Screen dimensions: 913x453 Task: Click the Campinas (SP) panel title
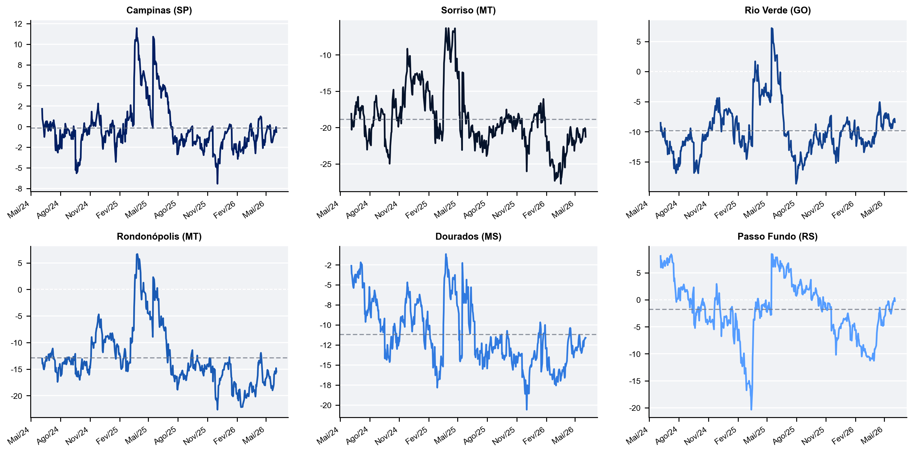(159, 10)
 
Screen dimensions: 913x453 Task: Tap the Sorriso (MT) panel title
(468, 10)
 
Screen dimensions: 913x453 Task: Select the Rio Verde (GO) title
(778, 10)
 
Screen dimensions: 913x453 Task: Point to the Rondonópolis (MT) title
(159, 236)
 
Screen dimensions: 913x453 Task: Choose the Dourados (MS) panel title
(468, 236)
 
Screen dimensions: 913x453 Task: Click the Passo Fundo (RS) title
(778, 236)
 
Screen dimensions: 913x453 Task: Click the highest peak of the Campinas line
(137, 28)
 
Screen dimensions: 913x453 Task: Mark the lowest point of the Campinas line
(217, 183)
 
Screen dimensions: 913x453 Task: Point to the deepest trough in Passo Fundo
(751, 409)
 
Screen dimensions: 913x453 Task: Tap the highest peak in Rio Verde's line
(772, 28)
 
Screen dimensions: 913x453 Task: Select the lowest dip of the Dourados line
(527, 409)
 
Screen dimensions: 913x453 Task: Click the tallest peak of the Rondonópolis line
(137, 254)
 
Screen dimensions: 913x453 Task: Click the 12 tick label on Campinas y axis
(18, 24)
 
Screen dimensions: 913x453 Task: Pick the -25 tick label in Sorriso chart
(326, 164)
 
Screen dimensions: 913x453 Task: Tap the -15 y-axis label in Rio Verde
(635, 162)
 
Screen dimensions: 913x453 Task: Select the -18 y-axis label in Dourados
(326, 385)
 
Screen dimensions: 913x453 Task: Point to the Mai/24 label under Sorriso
(328, 210)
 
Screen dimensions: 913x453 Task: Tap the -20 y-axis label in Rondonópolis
(17, 396)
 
